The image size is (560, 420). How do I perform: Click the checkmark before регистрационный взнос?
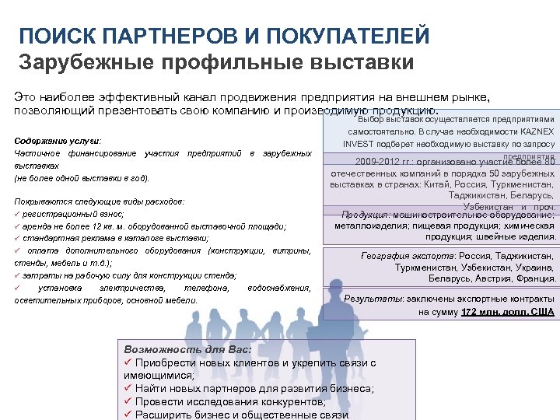tap(18, 213)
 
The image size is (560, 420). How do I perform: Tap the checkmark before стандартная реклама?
tap(18, 238)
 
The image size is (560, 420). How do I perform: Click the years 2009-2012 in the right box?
tap(377, 162)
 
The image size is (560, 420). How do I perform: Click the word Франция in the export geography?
tap(534, 278)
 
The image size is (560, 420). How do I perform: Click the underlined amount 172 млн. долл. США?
tap(508, 311)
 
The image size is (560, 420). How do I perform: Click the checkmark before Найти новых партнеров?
tap(128, 388)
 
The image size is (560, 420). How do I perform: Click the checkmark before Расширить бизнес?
tap(128, 415)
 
